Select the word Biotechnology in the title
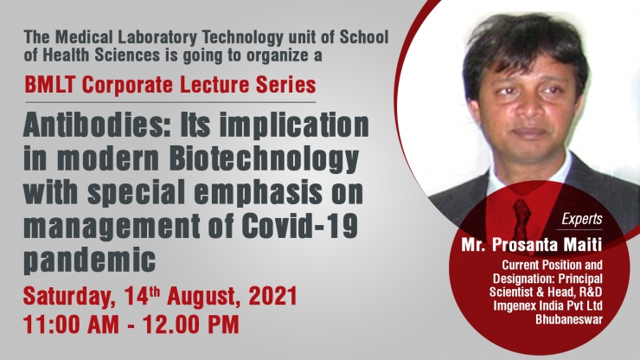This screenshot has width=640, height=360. click(x=264, y=159)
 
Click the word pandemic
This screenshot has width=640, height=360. click(x=90, y=260)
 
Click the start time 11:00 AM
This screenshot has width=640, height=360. click(x=72, y=325)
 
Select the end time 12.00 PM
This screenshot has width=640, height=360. click(x=190, y=325)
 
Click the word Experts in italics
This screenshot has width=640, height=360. click(x=582, y=220)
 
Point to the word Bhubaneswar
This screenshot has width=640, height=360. click(x=569, y=319)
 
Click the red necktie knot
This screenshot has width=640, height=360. click(x=522, y=206)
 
